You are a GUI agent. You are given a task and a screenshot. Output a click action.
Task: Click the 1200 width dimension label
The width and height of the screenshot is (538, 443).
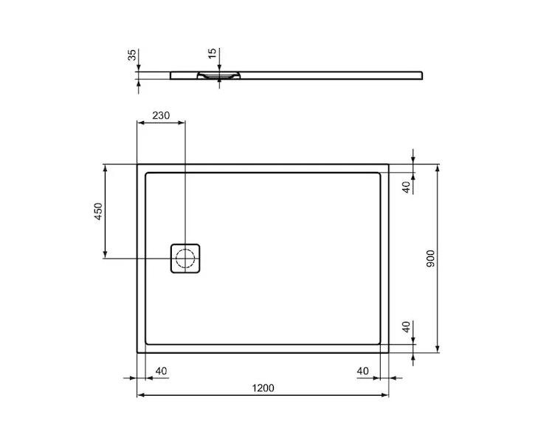point(263,388)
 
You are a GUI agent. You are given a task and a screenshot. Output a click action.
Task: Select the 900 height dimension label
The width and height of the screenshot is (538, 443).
point(430,258)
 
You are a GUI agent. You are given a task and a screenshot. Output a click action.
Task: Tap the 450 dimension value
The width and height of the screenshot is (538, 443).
point(98,211)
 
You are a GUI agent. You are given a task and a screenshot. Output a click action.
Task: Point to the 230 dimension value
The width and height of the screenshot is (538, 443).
point(161,115)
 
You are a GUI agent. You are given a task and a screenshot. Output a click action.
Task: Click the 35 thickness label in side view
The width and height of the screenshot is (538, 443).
point(132,55)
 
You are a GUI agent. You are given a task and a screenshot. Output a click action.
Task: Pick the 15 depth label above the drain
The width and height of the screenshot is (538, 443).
point(213,53)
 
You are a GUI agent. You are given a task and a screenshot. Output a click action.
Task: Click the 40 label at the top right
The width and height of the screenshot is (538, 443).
point(406,187)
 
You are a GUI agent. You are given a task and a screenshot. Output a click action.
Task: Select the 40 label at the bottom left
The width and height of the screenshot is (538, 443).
point(162,371)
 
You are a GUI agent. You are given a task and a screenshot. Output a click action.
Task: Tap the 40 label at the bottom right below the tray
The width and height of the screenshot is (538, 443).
point(362,371)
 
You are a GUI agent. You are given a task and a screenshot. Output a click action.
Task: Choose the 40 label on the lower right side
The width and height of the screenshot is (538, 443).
point(406,326)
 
